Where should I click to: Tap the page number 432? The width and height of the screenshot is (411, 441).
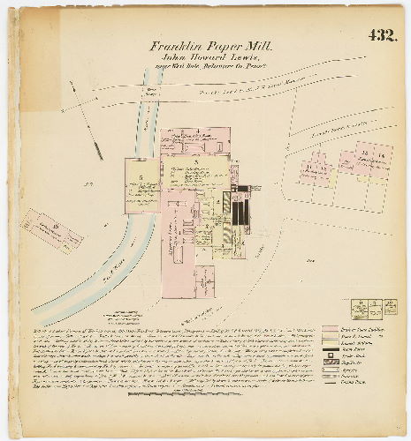(381, 36)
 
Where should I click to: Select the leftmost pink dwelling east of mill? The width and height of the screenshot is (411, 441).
(314, 168)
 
